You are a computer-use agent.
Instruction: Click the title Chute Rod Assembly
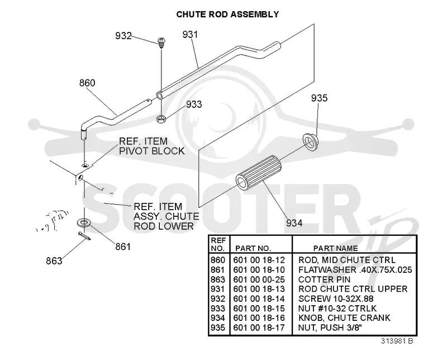point(227,15)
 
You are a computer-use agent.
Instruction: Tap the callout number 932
point(123,36)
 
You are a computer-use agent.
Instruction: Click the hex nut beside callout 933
point(161,118)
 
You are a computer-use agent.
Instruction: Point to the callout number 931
point(190,35)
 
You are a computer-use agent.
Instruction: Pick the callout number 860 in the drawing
point(87,83)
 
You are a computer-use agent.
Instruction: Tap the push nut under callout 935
point(310,141)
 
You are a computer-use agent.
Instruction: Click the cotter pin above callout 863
point(84,236)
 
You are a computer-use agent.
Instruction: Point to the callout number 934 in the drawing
point(294,223)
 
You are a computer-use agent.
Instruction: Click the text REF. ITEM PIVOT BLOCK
point(151,146)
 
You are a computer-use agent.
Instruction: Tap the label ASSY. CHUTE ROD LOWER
point(167,221)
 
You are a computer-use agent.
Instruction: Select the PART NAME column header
point(336,248)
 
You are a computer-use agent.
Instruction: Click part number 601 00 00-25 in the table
point(259,280)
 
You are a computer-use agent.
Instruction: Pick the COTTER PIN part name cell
point(325,280)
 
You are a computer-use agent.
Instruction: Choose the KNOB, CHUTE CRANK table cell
point(344,318)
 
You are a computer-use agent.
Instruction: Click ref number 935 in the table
point(218,328)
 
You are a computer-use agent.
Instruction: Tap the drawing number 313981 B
point(397,341)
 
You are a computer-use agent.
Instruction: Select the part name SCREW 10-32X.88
point(336,299)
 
